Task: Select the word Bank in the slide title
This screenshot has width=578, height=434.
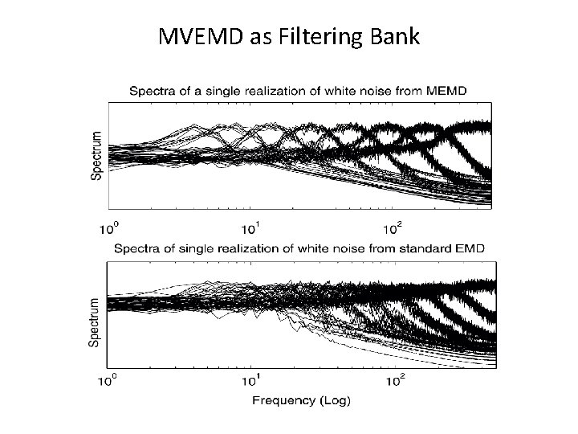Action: click(393, 37)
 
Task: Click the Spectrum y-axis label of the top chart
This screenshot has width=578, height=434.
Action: click(96, 156)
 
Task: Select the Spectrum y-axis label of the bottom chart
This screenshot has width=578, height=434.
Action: click(94, 322)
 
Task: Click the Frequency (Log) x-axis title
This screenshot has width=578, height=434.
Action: click(301, 400)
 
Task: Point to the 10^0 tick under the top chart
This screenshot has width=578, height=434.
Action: click(109, 227)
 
